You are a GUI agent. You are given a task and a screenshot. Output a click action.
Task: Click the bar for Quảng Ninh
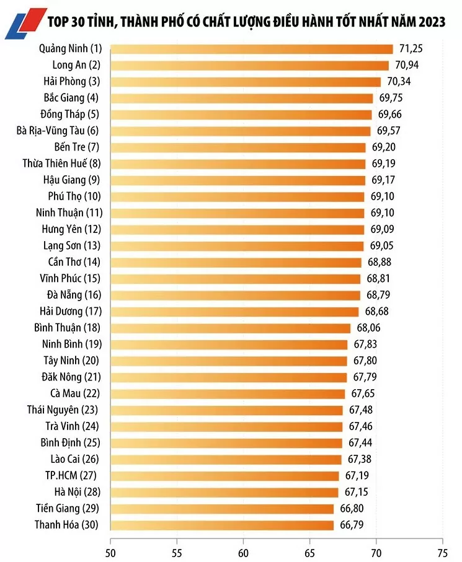tap(251, 49)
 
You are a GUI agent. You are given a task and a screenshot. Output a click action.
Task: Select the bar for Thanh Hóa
tap(222, 525)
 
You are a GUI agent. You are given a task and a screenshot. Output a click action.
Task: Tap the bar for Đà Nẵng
tap(235, 295)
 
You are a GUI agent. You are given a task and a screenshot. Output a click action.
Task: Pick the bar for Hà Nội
tap(224, 492)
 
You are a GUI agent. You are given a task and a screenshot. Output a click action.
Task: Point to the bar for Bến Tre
tap(238, 147)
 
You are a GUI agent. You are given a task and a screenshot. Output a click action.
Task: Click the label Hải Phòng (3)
tap(72, 81)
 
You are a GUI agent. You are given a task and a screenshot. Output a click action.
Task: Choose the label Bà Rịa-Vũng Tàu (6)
tap(58, 131)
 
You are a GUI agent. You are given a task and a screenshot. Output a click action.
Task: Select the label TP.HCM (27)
tap(71, 476)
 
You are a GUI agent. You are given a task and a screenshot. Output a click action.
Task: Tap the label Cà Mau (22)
tap(74, 393)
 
